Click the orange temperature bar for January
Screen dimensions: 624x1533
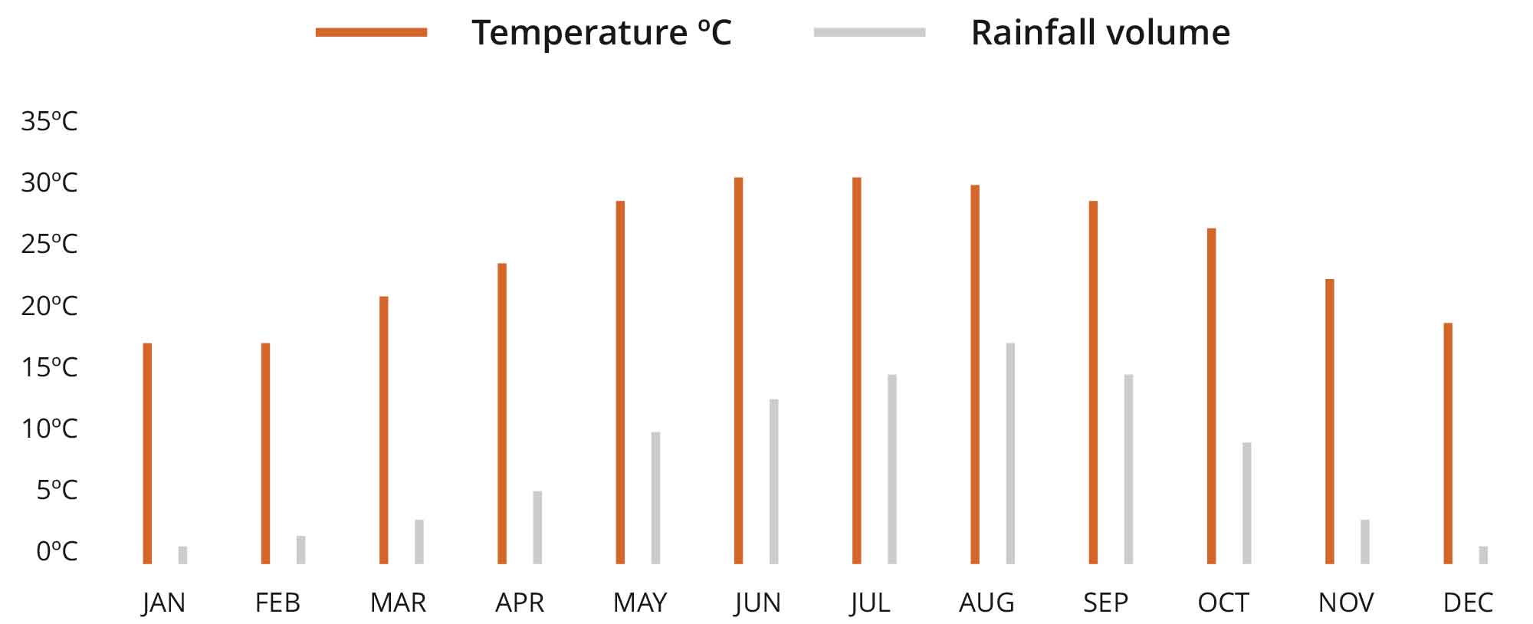click(147, 453)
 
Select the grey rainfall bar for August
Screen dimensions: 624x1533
click(1010, 453)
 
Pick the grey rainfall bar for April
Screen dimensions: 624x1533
click(537, 527)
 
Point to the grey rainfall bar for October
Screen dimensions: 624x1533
click(1247, 503)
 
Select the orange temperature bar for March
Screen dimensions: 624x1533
click(383, 430)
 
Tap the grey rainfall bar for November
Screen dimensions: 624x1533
click(1365, 541)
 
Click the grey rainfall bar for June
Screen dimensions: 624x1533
click(774, 481)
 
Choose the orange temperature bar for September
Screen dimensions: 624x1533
click(1093, 382)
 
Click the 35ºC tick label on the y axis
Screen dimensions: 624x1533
click(49, 121)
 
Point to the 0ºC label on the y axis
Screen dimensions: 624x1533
click(57, 550)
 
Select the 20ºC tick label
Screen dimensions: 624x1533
click(49, 306)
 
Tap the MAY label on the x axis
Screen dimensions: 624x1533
click(640, 603)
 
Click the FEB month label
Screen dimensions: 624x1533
click(277, 603)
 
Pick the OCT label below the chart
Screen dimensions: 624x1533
click(1223, 603)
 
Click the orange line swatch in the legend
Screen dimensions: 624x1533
click(372, 32)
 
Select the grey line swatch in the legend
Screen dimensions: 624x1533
click(869, 32)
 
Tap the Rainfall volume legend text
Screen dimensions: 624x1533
click(1100, 32)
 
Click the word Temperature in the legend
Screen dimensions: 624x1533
click(579, 32)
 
